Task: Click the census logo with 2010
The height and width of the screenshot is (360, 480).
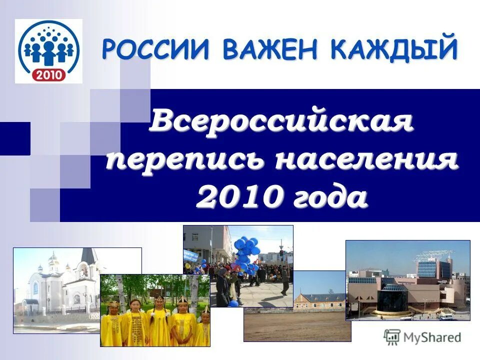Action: [x=48, y=50]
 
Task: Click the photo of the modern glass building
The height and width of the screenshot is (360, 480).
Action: [x=407, y=280]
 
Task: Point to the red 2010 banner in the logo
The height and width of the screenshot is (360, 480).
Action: [x=48, y=74]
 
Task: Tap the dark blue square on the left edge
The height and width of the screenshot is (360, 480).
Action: [x=14, y=138]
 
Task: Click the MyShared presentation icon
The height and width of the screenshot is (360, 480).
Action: [x=391, y=337]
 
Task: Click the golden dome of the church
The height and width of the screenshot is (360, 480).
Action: [x=53, y=257]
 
